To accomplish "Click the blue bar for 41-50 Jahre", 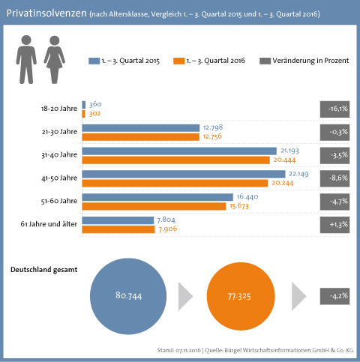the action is tap(184, 174).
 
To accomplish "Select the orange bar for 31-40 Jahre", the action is tap(176, 160).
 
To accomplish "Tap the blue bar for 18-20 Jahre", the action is tap(84, 105).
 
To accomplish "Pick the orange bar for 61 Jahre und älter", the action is tap(118, 229).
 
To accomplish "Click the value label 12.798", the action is tap(213, 127).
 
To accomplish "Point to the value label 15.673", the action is tap(239, 206).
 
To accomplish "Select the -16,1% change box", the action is tap(334, 109).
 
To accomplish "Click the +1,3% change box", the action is tap(334, 225).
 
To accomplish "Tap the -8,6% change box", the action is tap(334, 178).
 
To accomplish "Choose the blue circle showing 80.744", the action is tap(128, 296).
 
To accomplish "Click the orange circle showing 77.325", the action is tap(241, 296).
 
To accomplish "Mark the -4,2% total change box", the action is tap(334, 296).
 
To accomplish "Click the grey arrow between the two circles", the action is tap(184, 296).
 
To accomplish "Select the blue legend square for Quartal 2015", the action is tap(94, 61).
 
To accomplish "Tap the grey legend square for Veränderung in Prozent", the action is tap(265, 61).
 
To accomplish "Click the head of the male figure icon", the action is tap(26, 40).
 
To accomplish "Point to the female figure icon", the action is tap(55, 60).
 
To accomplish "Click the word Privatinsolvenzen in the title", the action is tap(46, 13).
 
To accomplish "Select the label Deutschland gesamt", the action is tap(44, 270).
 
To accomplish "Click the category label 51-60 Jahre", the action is tap(59, 201).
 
